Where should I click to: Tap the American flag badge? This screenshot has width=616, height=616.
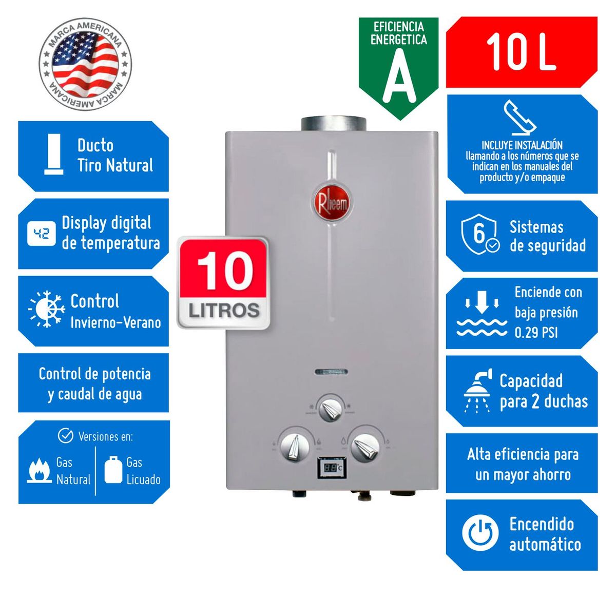[x=85, y=64]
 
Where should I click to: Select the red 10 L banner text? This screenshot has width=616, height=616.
[x=521, y=52]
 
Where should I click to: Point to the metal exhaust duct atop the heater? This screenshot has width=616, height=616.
[x=334, y=124]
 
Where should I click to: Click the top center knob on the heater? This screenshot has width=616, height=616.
[x=331, y=409]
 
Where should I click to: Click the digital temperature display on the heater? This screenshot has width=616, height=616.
[x=331, y=468]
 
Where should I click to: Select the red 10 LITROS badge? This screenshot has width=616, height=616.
[x=224, y=283]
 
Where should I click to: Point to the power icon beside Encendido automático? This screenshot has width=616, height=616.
[x=480, y=534]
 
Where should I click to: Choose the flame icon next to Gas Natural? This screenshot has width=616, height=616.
[x=40, y=470]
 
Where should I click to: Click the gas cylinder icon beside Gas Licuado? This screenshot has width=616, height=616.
[x=113, y=469]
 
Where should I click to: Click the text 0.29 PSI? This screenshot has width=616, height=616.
[x=536, y=333]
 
